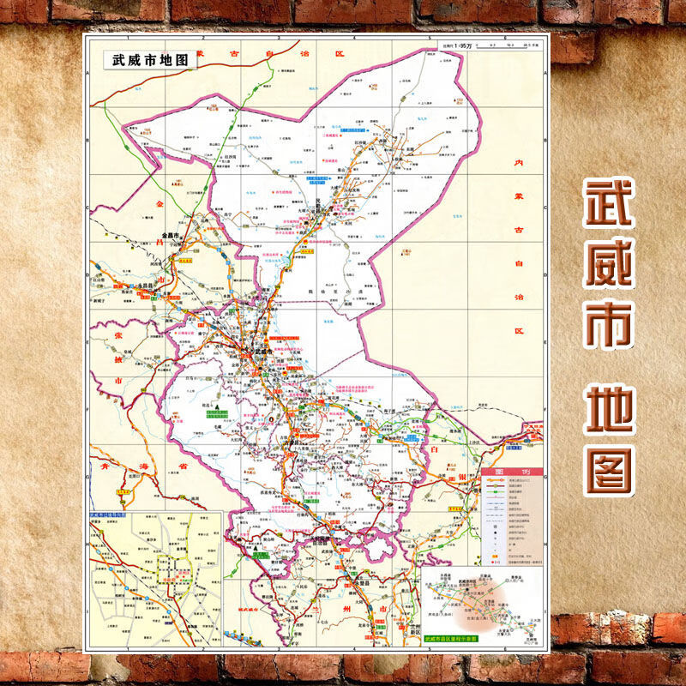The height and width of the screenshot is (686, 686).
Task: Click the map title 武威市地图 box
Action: pos(143,61)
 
